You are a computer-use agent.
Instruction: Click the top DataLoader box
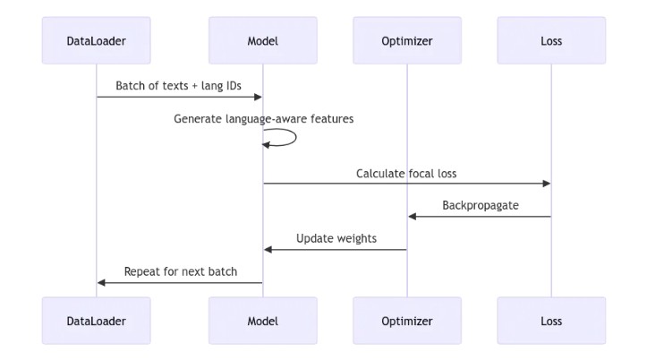(96, 40)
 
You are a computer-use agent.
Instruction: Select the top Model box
(262, 40)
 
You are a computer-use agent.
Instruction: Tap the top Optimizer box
(407, 40)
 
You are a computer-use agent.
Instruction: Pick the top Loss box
(551, 40)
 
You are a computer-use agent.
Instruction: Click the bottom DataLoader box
(96, 321)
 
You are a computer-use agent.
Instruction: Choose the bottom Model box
(262, 321)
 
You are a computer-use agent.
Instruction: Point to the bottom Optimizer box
(407, 321)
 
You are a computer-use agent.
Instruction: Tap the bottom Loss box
(551, 321)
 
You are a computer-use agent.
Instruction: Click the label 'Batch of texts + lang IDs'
(179, 86)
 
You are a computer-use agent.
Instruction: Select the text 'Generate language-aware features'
(263, 118)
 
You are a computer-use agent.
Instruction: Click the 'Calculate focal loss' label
(406, 173)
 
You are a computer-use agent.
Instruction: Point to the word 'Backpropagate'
(480, 206)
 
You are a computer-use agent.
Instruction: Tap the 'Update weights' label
(336, 239)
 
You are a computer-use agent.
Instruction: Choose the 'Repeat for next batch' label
(180, 271)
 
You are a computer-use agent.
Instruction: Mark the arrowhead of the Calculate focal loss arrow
(546, 184)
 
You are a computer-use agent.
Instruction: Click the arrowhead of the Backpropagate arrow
(413, 216)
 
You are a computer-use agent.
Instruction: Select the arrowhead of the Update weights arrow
(268, 249)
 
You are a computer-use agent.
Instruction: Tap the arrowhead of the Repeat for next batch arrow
(101, 282)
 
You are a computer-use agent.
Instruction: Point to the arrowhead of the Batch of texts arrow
(257, 97)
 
